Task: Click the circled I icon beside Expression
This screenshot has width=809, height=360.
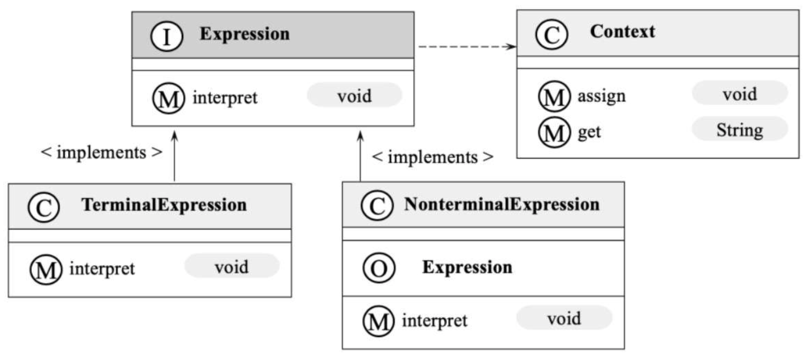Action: (167, 36)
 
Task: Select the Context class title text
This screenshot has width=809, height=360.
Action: (622, 32)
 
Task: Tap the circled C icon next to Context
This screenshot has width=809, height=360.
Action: (551, 35)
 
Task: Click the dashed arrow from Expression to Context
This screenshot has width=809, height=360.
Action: (468, 46)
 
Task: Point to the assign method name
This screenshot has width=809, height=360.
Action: (602, 96)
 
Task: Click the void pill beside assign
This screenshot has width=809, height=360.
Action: (740, 93)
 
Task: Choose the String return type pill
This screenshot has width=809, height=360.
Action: (740, 129)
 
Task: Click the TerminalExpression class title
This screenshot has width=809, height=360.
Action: (164, 205)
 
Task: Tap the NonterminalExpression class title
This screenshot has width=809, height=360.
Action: (502, 204)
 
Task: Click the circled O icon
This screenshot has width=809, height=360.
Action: (379, 268)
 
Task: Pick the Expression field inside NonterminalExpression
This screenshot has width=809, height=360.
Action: (468, 268)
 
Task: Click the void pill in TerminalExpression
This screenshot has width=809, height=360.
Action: (232, 266)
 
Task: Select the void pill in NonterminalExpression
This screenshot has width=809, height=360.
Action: (564, 318)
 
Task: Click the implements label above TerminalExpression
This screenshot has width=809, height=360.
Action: (101, 152)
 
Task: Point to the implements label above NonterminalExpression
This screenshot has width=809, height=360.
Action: (433, 157)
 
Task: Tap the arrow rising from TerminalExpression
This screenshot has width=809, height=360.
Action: (175, 156)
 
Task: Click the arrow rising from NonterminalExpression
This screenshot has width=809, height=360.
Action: (360, 156)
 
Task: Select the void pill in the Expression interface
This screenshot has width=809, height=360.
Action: (354, 95)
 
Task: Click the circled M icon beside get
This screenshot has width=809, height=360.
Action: (554, 133)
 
